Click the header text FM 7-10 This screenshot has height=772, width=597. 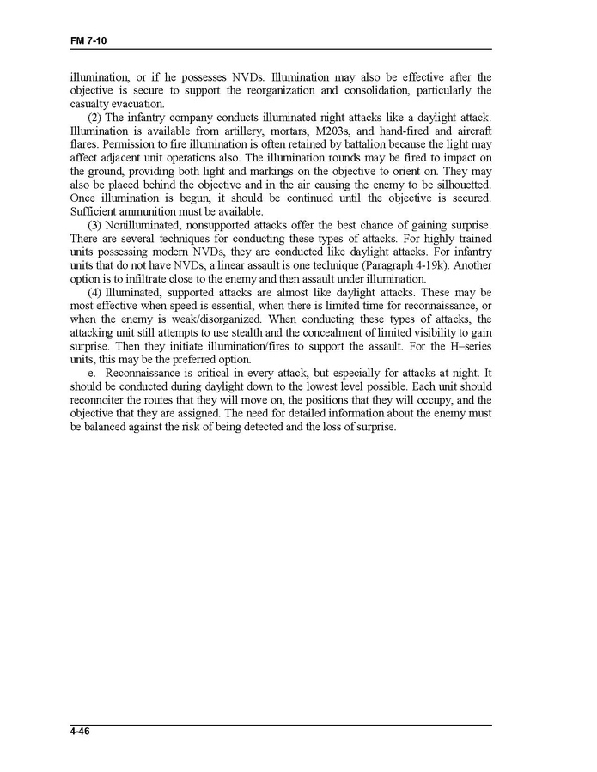click(88, 40)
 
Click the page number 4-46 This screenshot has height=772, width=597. click(82, 732)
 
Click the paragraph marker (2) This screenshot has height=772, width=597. click(95, 118)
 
